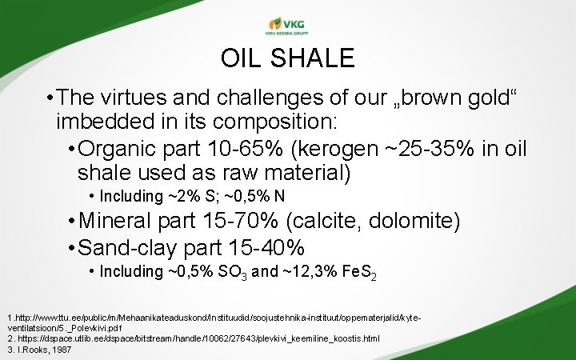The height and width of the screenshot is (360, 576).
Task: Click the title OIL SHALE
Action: coord(287,58)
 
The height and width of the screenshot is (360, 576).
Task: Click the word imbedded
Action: coord(102,122)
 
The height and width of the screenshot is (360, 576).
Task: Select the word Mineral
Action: coord(118,221)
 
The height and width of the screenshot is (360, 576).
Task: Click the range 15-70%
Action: coord(245,221)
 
